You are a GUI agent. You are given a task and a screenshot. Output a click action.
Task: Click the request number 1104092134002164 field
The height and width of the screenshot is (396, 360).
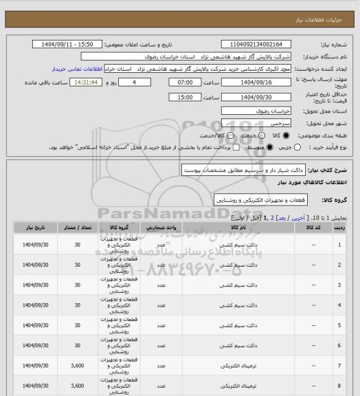click(254, 44)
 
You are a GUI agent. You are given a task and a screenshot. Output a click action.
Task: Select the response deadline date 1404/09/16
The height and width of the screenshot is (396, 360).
click(254, 82)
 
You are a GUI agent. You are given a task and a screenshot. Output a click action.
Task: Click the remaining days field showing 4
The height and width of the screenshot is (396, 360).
click(134, 82)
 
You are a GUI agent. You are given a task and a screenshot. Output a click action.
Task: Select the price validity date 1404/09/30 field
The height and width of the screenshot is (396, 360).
click(254, 97)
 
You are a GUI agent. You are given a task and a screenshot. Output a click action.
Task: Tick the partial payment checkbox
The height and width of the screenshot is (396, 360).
click(216, 147)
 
